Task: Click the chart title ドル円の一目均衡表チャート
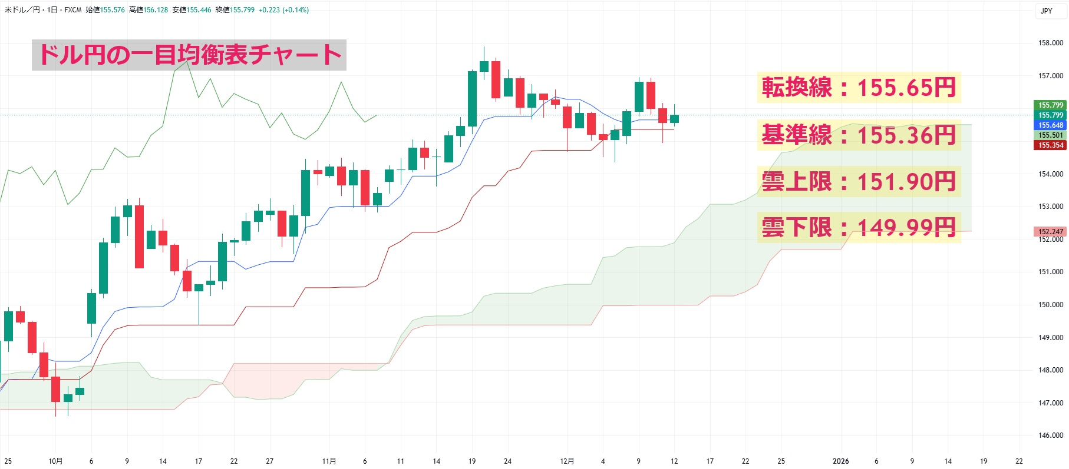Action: coord(189,55)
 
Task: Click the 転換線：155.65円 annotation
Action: coord(858,88)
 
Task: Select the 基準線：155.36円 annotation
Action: coord(858,135)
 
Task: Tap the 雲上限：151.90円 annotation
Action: coord(858,181)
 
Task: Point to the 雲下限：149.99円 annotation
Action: coord(858,227)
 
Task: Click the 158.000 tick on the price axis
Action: coord(1050,43)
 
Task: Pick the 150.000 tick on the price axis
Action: coord(1050,305)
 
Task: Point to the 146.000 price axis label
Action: coord(1050,435)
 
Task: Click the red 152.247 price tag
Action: coord(1050,232)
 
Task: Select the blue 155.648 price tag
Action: coord(1050,125)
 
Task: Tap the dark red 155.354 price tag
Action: coord(1050,145)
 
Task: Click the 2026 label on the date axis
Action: coord(840,461)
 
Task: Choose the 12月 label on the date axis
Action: coord(567,461)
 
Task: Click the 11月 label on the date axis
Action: coord(329,461)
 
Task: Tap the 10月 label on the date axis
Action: coord(55,461)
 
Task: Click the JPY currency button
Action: coord(1047,11)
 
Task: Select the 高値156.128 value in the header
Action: coord(149,10)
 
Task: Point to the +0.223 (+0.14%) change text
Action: coord(283,10)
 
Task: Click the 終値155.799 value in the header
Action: coord(235,10)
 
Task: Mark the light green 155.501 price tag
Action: coord(1050,135)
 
